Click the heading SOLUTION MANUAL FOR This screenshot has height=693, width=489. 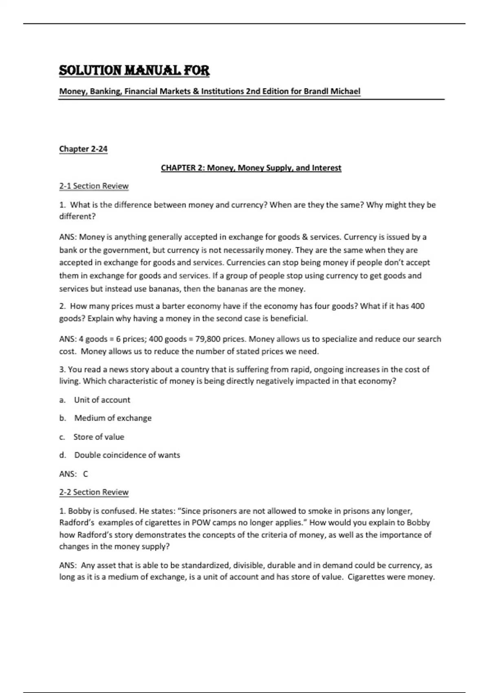coord(134,71)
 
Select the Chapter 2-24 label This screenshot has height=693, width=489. coord(83,149)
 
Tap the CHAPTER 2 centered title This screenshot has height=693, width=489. coord(251,168)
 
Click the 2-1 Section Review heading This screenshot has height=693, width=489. coord(94,186)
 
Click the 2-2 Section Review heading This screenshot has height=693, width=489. coord(94,492)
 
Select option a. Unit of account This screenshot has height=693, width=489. coord(102,400)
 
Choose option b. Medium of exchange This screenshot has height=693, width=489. coord(112,418)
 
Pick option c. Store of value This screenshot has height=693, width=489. coord(99,437)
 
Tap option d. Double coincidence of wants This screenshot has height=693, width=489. coord(127,455)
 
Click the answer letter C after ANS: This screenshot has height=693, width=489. coord(86,474)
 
